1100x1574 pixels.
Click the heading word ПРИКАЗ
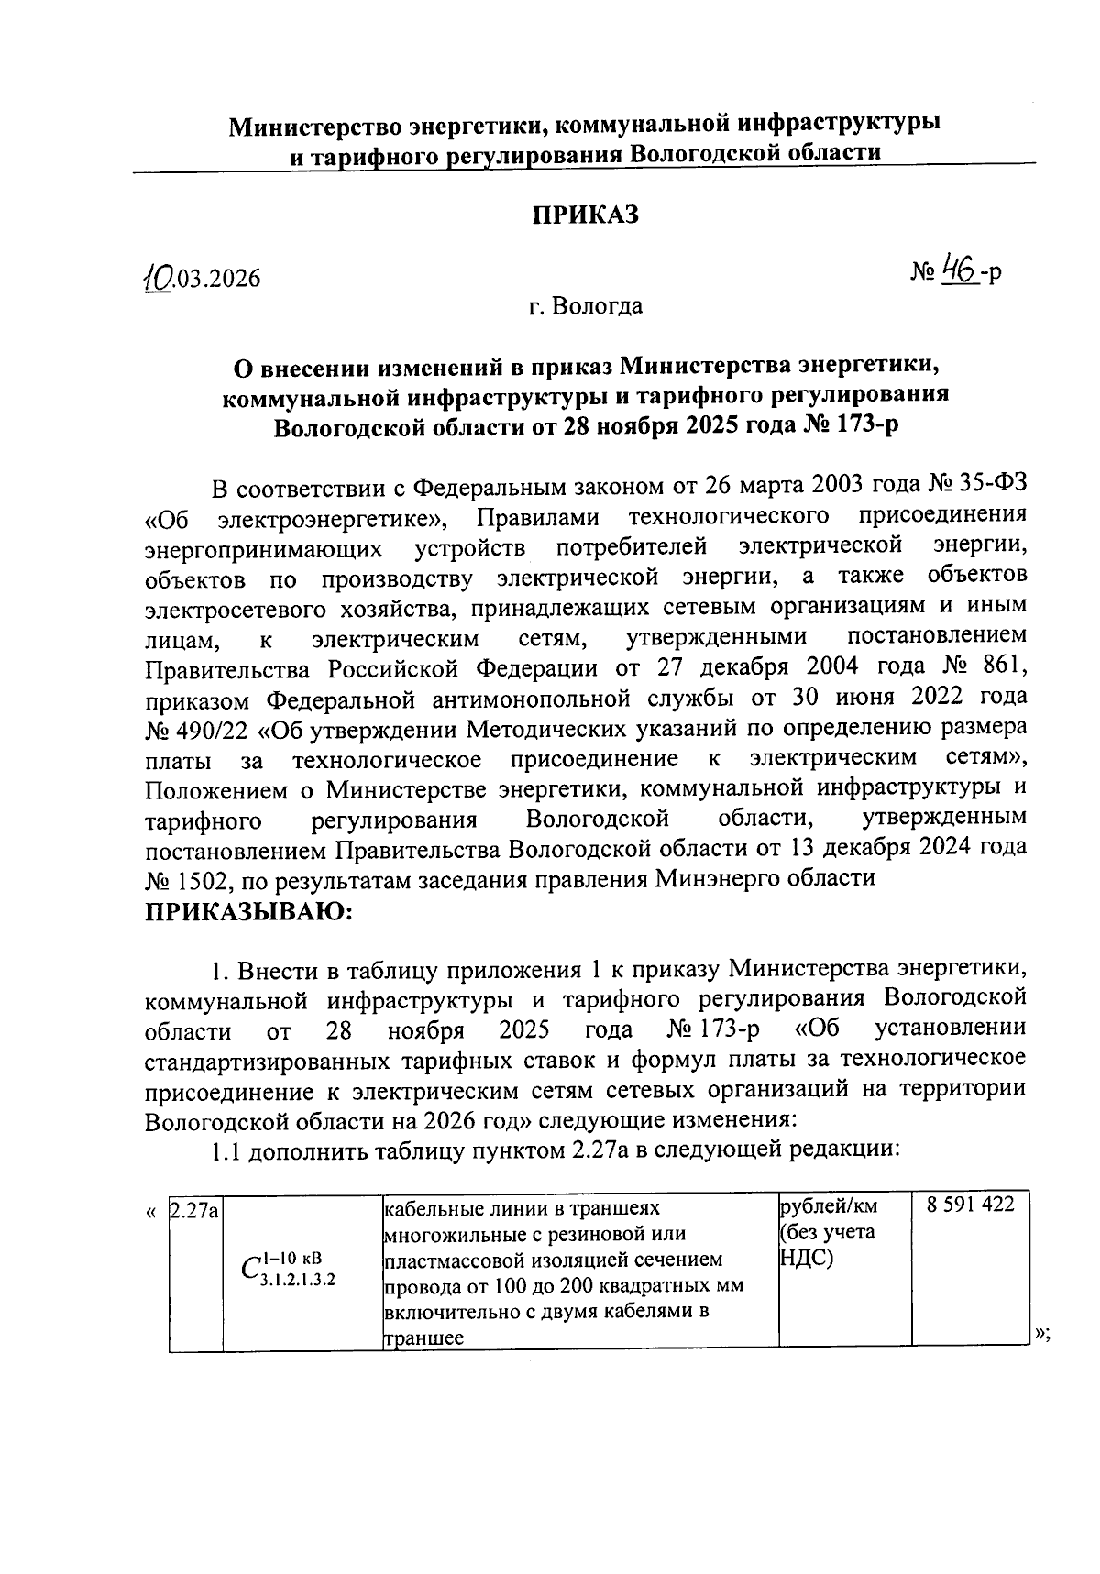[585, 215]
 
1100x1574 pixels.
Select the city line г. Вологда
[585, 306]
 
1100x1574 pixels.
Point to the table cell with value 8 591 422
[970, 1205]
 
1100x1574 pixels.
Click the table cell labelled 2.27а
[193, 1211]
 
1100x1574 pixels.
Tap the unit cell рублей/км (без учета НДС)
[828, 1231]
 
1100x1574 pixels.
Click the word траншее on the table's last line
[423, 1338]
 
